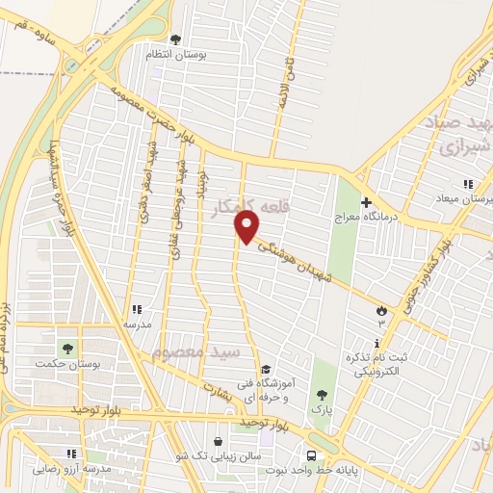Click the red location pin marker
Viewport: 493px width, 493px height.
(x=247, y=227)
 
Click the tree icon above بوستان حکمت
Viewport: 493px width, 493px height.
(x=67, y=348)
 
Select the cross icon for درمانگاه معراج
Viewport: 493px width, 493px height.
(x=366, y=202)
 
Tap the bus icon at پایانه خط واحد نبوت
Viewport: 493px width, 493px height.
(x=311, y=454)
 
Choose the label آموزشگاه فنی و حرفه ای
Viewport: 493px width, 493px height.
(x=292, y=387)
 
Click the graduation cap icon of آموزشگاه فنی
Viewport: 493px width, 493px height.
(x=266, y=369)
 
